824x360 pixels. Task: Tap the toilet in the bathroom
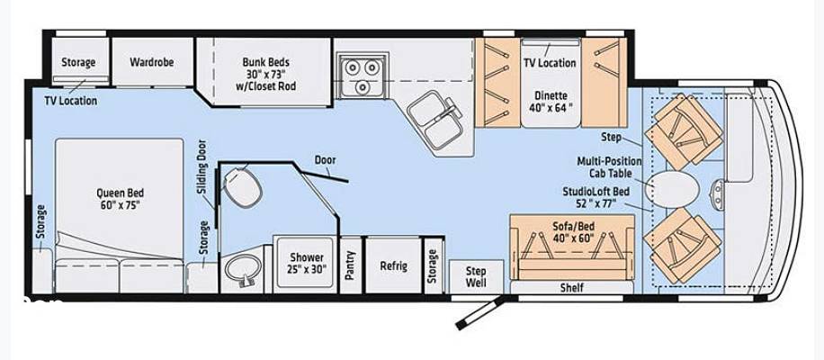(x=242, y=186)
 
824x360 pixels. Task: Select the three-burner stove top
(x=363, y=76)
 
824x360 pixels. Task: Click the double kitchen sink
(x=434, y=119)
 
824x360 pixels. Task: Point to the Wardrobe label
(x=152, y=62)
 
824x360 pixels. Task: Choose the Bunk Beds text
(x=266, y=62)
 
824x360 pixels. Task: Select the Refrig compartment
(x=394, y=265)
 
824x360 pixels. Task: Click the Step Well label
(x=476, y=277)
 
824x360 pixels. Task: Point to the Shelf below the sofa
(x=572, y=287)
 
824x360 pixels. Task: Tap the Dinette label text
(x=551, y=95)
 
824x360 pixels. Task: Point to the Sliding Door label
(x=202, y=167)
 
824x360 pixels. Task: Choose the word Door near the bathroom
(x=326, y=160)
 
